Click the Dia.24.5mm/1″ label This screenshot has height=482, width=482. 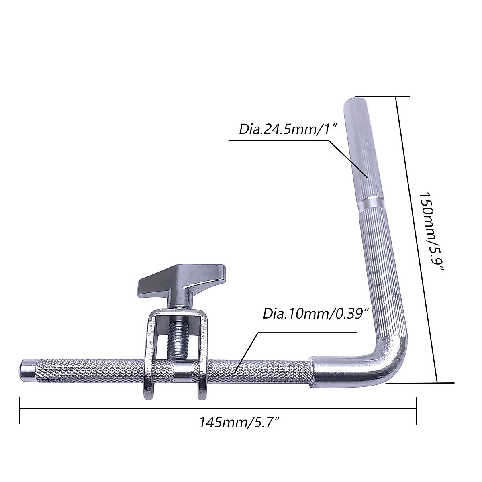click(x=287, y=129)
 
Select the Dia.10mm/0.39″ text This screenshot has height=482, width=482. click(x=316, y=313)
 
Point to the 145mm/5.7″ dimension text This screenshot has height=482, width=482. click(x=240, y=422)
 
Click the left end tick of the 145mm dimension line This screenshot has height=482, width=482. click(x=19, y=410)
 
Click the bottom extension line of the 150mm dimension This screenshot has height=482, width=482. click(x=420, y=383)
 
